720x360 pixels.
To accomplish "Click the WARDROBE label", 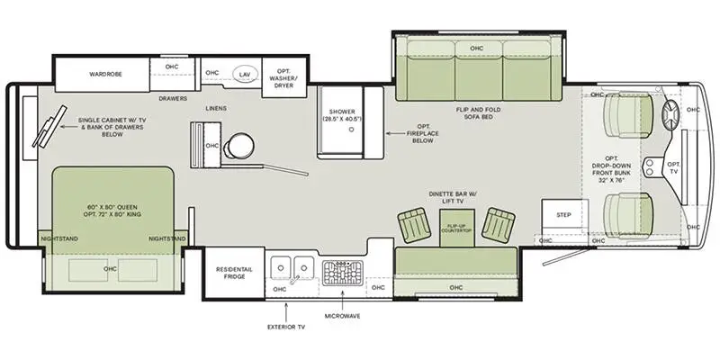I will coord(104,74).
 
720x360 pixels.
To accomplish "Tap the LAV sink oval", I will coord(244,74).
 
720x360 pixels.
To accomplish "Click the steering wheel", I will coord(671,115).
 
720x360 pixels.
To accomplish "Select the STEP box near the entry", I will coord(563,215).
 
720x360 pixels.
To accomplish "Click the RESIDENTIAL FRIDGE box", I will coord(233,273).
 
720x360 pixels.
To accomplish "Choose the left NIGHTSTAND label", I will coord(59,238).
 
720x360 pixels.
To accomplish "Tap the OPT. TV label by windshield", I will coord(673,167).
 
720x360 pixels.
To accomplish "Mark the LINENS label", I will coord(215,109).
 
